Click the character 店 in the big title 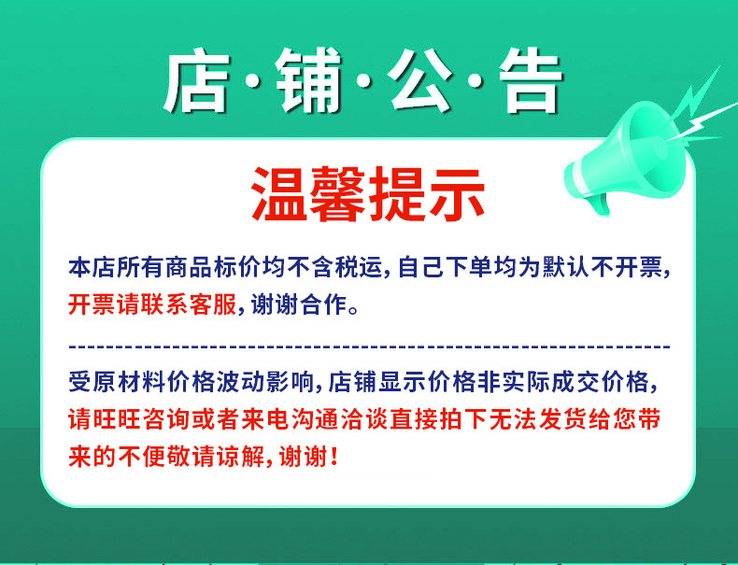[199, 82]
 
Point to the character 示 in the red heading [456, 193]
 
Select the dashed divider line [369, 346]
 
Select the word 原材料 [125, 382]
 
